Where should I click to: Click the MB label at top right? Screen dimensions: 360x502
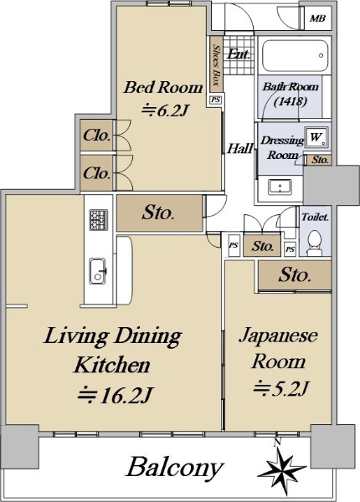pyautogui.click(x=317, y=18)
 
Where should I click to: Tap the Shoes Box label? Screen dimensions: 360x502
pyautogui.click(x=217, y=65)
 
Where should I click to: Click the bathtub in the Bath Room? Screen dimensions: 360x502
pyautogui.click(x=295, y=56)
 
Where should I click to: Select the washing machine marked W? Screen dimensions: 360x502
pyautogui.click(x=316, y=137)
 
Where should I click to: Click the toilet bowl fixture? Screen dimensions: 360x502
pyautogui.click(x=315, y=243)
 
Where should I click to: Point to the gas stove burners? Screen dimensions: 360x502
pyautogui.click(x=98, y=219)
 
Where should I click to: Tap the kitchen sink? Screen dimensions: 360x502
pyautogui.click(x=98, y=271)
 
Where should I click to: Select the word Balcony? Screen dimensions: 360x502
pyautogui.click(x=174, y=469)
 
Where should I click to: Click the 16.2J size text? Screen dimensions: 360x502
pyautogui.click(x=115, y=395)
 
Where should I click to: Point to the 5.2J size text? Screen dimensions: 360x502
pyautogui.click(x=281, y=388)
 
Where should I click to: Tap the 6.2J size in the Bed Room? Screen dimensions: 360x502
pyautogui.click(x=164, y=110)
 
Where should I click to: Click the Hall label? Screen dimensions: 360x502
pyautogui.click(x=240, y=149)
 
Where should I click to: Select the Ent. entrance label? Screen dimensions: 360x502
pyautogui.click(x=239, y=54)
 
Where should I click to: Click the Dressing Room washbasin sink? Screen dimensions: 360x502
pyautogui.click(x=280, y=186)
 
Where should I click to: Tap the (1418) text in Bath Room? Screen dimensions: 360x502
pyautogui.click(x=291, y=101)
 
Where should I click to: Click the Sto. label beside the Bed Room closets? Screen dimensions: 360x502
pyautogui.click(x=158, y=213)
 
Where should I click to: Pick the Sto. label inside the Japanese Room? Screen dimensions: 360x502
pyautogui.click(x=295, y=274)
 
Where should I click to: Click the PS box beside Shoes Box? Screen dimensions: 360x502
pyautogui.click(x=215, y=100)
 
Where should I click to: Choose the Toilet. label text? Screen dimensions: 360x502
pyautogui.click(x=315, y=217)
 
